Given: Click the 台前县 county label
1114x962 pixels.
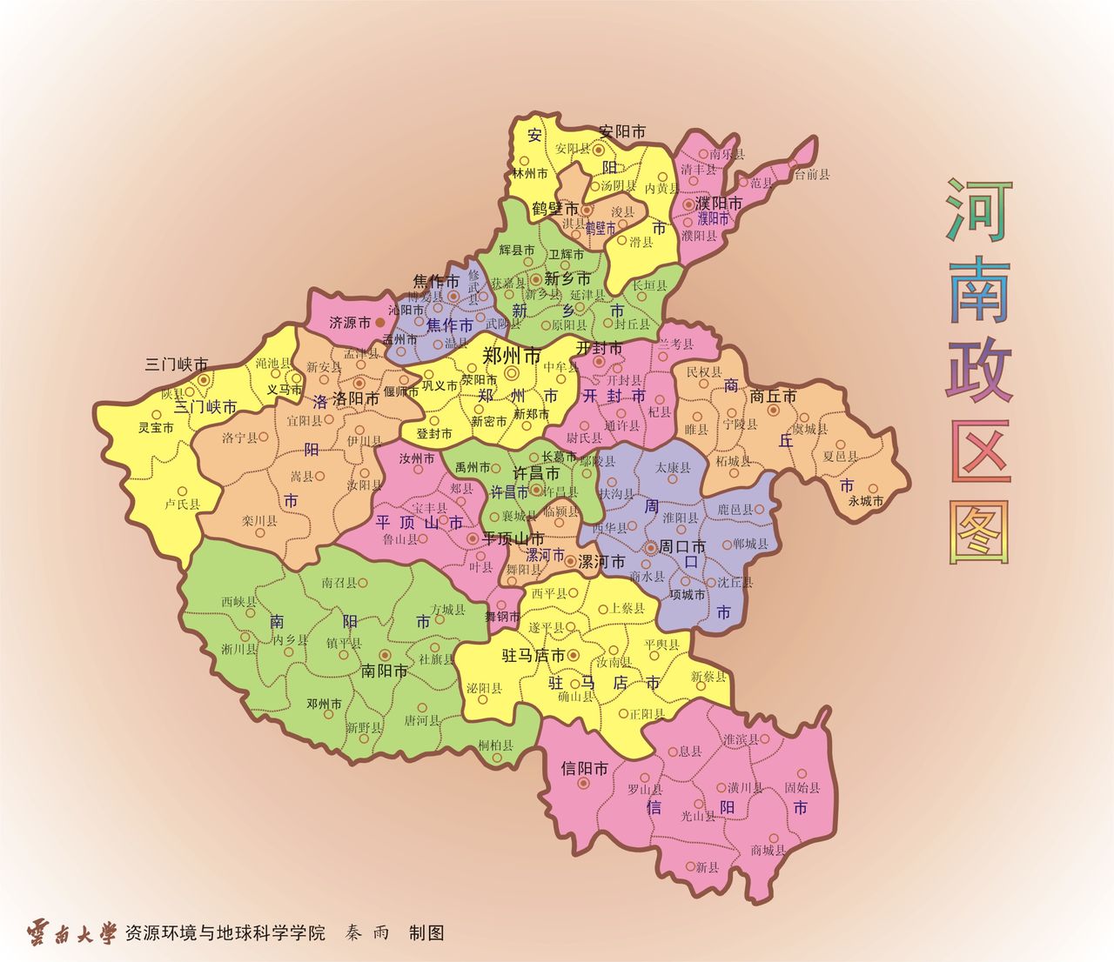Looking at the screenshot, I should click(812, 174).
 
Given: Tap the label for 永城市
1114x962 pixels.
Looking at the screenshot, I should click(866, 501).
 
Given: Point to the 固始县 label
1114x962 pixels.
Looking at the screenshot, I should click(802, 787).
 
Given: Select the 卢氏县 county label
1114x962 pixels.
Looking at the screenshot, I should click(183, 504).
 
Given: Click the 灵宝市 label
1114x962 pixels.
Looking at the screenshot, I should click(156, 428).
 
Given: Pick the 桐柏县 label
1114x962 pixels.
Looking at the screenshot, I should click(496, 745).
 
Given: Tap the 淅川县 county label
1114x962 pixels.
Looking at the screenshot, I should click(239, 649).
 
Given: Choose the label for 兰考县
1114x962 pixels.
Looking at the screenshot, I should click(676, 344).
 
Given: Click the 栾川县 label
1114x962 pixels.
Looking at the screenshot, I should click(259, 521).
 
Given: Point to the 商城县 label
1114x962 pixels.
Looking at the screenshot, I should click(768, 850).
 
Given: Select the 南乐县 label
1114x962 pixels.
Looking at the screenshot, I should click(728, 154).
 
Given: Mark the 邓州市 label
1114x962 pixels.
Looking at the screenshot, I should click(324, 703).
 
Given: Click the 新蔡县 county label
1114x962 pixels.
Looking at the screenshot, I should click(708, 676).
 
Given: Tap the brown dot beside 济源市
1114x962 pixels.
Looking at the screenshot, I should click(379, 322).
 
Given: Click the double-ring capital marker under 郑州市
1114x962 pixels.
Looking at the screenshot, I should click(511, 373).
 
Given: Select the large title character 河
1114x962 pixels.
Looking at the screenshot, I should click(979, 211).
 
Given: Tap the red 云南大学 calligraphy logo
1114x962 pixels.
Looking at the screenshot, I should click(71, 933).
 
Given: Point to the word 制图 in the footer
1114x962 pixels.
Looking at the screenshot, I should click(426, 933).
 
